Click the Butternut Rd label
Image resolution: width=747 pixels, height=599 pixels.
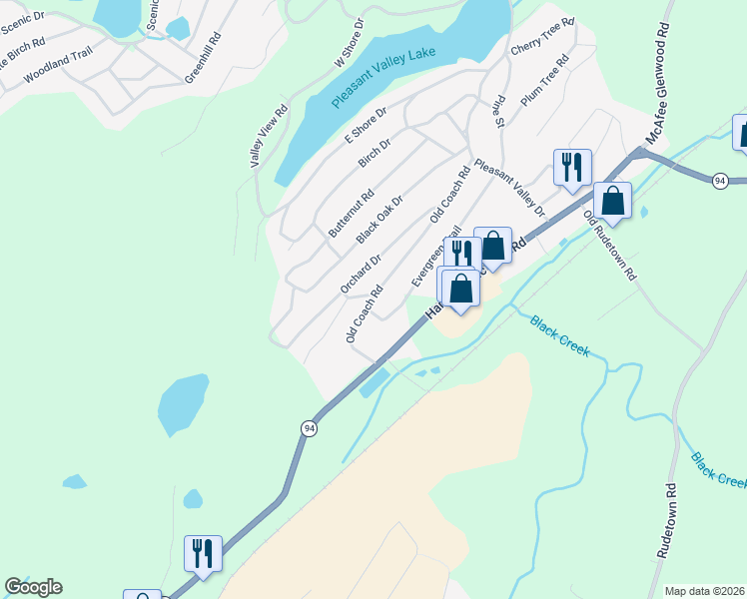(351, 213)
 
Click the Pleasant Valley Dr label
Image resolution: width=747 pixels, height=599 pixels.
(510, 188)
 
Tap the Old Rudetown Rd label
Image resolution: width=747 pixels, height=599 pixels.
(610, 246)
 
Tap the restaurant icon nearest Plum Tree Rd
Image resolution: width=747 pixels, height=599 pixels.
(572, 166)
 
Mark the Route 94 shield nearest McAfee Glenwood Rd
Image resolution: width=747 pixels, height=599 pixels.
(719, 181)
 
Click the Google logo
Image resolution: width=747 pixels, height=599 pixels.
(33, 587)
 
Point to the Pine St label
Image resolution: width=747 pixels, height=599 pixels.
(497, 111)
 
